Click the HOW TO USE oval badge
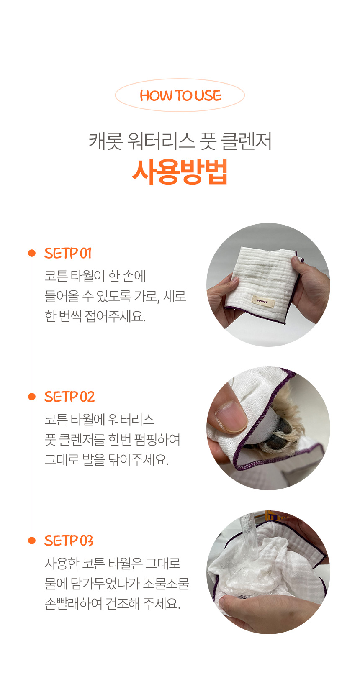coord(180,95)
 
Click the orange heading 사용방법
coord(180,172)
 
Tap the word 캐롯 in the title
coord(105,141)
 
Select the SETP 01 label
coord(68,254)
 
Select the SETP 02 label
coord(69,397)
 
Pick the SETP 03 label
coord(69,541)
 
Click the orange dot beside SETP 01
coord(32,253)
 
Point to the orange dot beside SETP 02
coord(32,397)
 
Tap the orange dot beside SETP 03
coord(32,541)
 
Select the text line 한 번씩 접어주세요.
coord(95,316)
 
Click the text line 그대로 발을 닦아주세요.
coord(107,460)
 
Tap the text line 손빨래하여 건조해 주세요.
coord(112,603)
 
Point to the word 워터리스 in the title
coord(161,141)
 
